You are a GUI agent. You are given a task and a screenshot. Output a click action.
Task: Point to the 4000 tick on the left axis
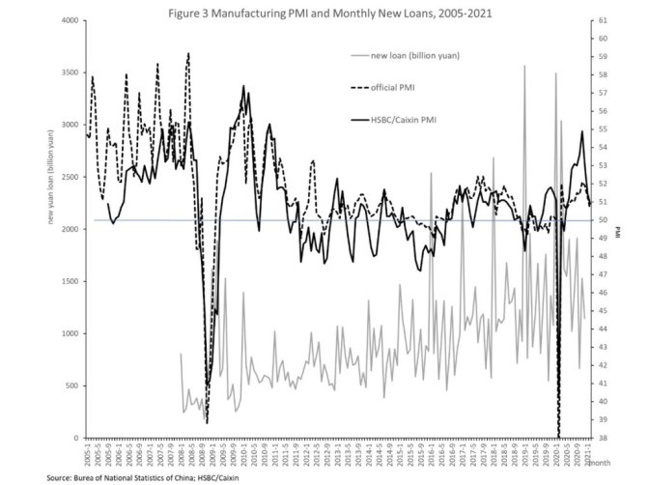pos(70,20)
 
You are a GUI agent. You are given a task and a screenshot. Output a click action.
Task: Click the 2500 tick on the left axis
pos(70,177)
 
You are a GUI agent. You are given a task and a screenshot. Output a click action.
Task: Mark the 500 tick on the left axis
pos(72,385)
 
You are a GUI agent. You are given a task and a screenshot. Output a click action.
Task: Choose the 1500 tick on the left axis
pos(70,281)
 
